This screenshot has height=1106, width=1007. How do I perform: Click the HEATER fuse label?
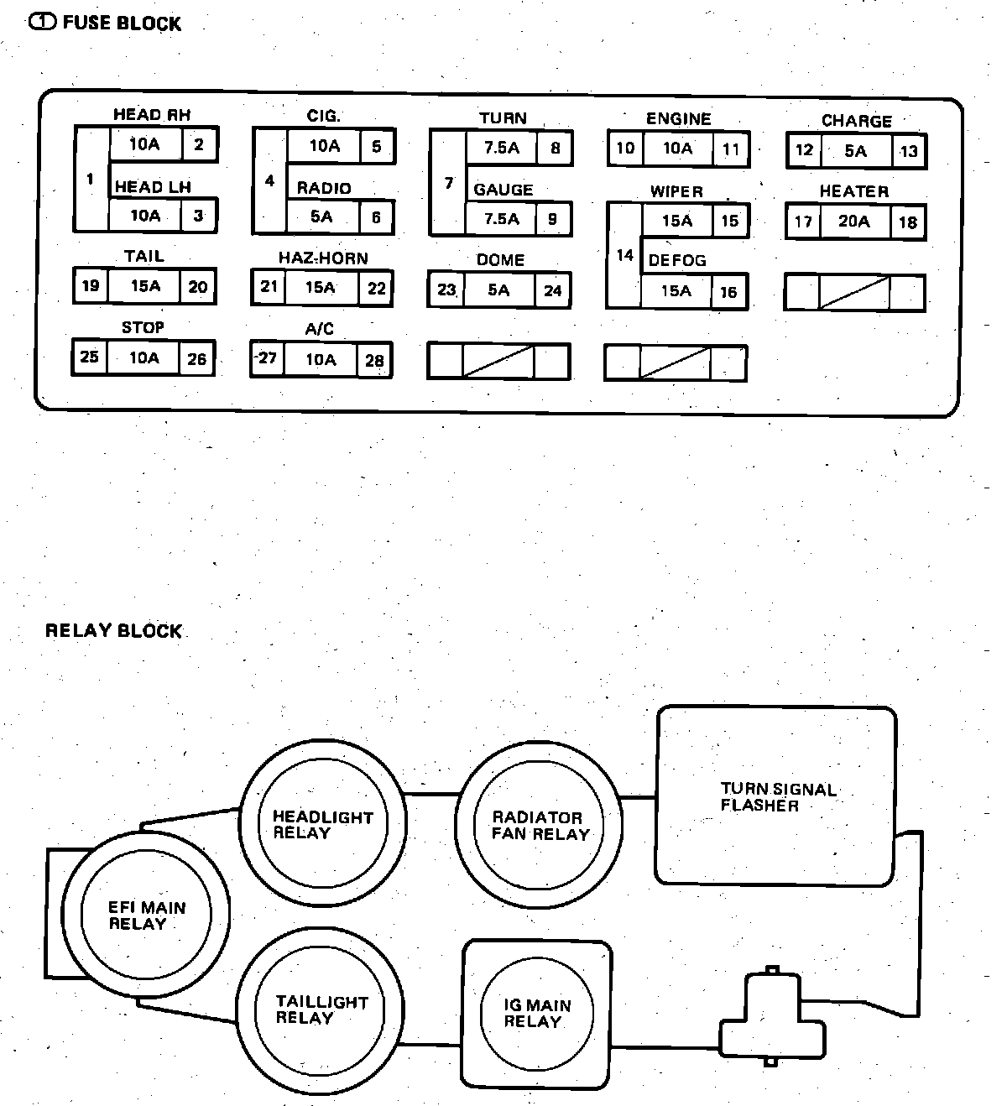pyautogui.click(x=853, y=191)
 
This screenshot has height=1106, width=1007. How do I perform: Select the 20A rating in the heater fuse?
pyautogui.click(x=853, y=222)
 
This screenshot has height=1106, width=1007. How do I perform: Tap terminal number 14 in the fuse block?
pyautogui.click(x=624, y=255)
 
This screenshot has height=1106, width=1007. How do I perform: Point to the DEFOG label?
pyautogui.click(x=676, y=261)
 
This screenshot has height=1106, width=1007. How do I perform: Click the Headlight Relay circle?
pyautogui.click(x=323, y=825)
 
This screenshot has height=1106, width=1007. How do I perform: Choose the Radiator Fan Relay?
pyautogui.click(x=540, y=826)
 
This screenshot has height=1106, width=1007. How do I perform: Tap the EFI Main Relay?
pyautogui.click(x=146, y=916)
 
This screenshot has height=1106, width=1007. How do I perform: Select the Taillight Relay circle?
pyautogui.click(x=321, y=1009)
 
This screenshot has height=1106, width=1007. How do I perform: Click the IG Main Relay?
pyautogui.click(x=537, y=1014)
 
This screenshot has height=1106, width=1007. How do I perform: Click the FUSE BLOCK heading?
pyautogui.click(x=122, y=23)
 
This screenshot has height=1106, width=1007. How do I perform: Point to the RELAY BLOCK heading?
pyautogui.click(x=113, y=631)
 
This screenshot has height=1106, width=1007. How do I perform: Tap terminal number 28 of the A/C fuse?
pyautogui.click(x=374, y=361)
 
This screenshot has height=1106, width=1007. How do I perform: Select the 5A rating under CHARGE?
pyautogui.click(x=855, y=151)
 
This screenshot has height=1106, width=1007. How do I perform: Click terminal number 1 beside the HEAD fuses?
pyautogui.click(x=91, y=180)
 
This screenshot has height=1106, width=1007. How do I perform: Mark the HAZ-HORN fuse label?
pyautogui.click(x=323, y=258)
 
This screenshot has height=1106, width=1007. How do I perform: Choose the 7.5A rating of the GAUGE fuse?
pyautogui.click(x=501, y=219)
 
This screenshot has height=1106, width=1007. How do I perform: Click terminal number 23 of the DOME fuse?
pyautogui.click(x=446, y=290)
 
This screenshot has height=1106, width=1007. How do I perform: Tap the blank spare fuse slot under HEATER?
pyautogui.click(x=854, y=293)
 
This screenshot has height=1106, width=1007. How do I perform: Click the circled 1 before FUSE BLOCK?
pyautogui.click(x=43, y=23)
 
